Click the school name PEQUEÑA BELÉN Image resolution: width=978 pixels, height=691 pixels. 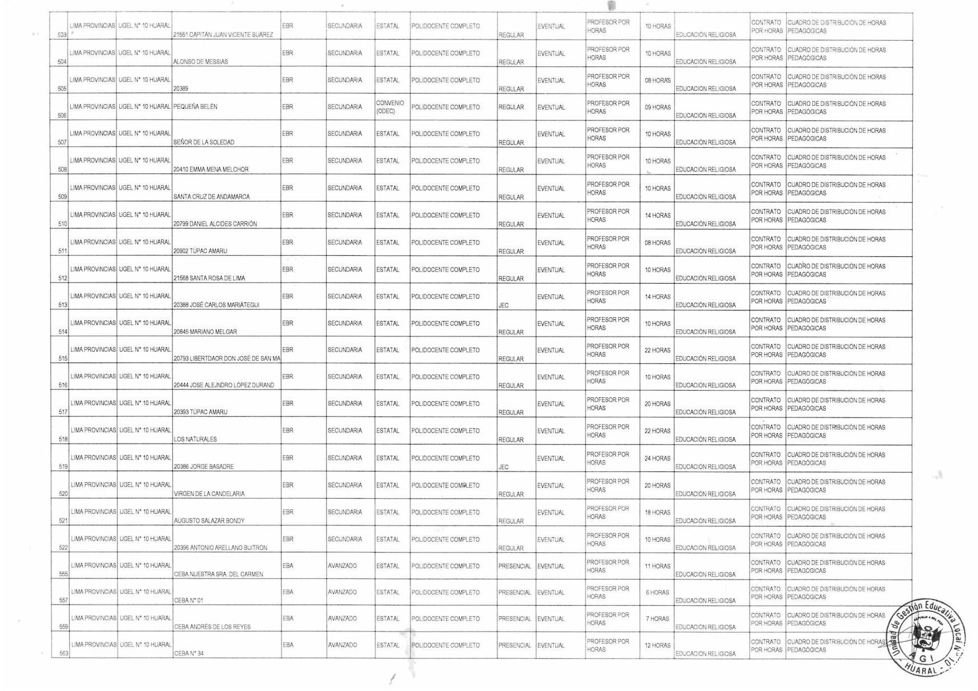195,106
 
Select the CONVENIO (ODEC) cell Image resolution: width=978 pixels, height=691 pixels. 390,107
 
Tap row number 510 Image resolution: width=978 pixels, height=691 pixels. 62,224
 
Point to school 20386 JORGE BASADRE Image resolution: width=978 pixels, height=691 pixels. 204,466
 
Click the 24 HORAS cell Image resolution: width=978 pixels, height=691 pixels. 657,458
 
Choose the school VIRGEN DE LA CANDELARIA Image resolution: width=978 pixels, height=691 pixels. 209,494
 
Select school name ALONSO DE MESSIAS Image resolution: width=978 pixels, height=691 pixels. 201,62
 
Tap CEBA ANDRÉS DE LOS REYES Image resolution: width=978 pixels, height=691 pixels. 212,627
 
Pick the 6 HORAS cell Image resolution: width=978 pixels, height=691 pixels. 657,592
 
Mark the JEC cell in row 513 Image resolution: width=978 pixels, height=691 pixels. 503,305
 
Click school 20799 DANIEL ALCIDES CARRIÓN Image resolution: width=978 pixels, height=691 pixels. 215,224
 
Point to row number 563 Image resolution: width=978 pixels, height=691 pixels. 62,654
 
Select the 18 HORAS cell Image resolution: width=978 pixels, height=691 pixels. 657,512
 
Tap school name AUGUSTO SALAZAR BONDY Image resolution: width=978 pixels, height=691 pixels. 209,521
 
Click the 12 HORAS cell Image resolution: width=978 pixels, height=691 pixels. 657,645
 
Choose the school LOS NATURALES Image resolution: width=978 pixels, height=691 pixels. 195,439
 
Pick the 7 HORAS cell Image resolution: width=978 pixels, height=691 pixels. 657,619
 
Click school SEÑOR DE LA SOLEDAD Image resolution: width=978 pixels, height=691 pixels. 204,143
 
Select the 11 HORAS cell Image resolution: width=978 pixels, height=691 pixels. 657,566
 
